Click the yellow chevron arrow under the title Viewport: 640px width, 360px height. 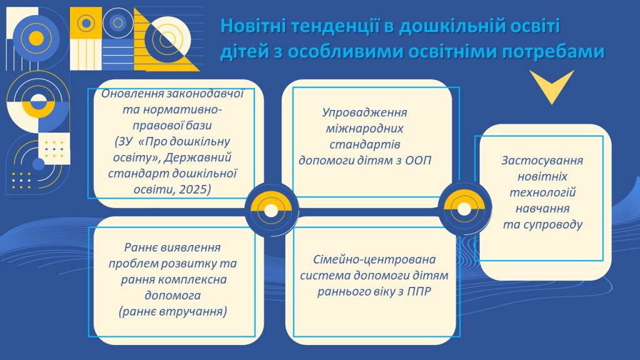pyautogui.click(x=552, y=86)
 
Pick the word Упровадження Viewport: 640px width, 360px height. pyautogui.click(x=364, y=112)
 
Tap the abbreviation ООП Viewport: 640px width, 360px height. pyautogui.click(x=418, y=161)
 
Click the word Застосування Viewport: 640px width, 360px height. pyautogui.click(x=542, y=161)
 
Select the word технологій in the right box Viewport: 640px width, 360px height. pyautogui.click(x=542, y=192)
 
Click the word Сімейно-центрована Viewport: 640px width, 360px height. pyautogui.click(x=374, y=260)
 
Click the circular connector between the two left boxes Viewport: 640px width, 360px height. pyautogui.click(x=271, y=211)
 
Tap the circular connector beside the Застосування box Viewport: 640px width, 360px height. pyautogui.click(x=464, y=209)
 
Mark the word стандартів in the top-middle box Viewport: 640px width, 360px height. pyautogui.click(x=364, y=144)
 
